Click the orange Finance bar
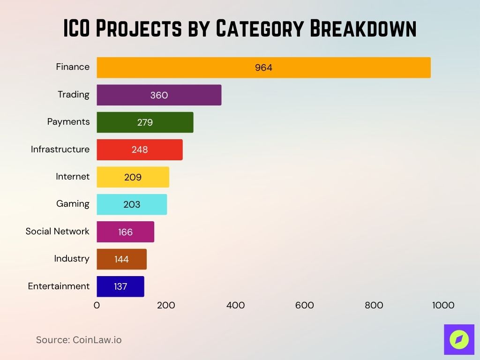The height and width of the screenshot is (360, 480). click(x=263, y=67)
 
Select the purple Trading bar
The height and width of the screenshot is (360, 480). click(x=159, y=95)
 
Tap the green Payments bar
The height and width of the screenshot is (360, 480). click(x=145, y=122)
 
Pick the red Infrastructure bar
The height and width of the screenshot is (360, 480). click(x=140, y=150)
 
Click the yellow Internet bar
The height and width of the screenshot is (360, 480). click(x=133, y=177)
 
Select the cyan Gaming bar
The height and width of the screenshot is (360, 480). click(x=132, y=204)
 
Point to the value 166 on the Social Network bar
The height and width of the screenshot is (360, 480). click(x=125, y=232)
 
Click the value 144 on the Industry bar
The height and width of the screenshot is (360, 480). click(x=121, y=259)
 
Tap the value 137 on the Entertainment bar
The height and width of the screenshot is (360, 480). click(x=120, y=286)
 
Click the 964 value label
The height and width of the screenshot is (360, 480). click(x=263, y=67)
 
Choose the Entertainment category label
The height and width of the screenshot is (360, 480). click(x=59, y=286)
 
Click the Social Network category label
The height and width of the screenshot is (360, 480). click(x=57, y=231)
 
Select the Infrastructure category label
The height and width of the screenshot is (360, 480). click(x=60, y=149)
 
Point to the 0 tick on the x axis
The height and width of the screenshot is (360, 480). click(x=97, y=305)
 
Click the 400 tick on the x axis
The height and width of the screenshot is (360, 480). click(x=235, y=305)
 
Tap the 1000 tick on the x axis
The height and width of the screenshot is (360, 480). click(x=443, y=305)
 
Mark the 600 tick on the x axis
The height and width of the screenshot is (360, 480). click(x=305, y=305)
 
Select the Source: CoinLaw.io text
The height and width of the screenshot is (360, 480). click(x=79, y=340)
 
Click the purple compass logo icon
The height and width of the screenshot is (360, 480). click(x=459, y=339)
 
